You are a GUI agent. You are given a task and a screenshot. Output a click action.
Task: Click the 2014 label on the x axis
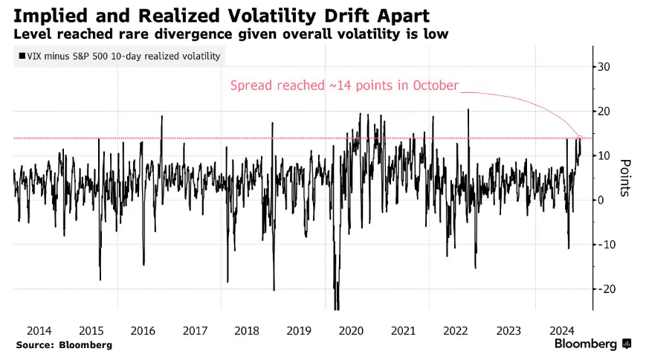tap(39, 330)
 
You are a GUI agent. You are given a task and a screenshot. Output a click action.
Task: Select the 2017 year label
tap(195, 330)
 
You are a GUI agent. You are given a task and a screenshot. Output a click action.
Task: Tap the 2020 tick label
tap(351, 330)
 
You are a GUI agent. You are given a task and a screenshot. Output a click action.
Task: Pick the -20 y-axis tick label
tap(607, 289)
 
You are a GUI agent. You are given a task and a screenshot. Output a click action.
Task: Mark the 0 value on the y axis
tap(601, 200)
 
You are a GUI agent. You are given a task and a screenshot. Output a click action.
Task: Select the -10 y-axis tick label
tap(607, 245)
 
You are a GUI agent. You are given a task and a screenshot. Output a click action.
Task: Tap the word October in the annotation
tap(433, 85)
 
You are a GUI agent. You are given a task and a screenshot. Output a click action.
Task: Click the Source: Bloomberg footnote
tap(63, 345)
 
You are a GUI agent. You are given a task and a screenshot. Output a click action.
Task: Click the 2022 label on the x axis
tap(455, 330)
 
